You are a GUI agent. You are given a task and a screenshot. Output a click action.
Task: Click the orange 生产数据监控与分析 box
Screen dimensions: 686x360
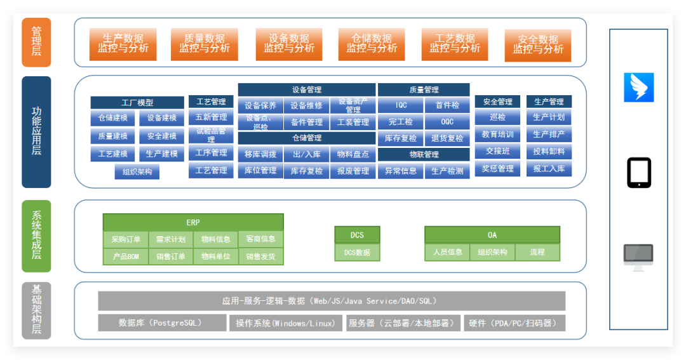(x=123, y=44)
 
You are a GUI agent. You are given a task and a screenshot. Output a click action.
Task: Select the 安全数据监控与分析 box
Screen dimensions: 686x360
(x=538, y=45)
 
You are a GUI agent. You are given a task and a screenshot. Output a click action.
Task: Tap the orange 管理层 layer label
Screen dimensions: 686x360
(x=36, y=43)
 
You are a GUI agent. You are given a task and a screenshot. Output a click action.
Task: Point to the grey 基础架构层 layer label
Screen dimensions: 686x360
(x=36, y=310)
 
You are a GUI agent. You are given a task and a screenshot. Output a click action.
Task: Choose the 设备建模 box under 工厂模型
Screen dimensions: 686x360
(x=162, y=118)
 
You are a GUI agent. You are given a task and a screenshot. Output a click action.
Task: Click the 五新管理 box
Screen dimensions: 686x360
(x=211, y=117)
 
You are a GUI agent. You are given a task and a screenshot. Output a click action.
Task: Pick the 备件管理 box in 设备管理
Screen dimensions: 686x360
(x=307, y=123)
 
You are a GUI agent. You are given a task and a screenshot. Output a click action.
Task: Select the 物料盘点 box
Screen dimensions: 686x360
(x=353, y=154)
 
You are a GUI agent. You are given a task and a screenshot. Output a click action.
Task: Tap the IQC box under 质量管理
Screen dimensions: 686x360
(x=401, y=105)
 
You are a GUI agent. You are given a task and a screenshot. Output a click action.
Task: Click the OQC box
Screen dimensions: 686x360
(x=447, y=122)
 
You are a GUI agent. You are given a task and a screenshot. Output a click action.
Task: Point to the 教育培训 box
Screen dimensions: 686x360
(x=497, y=135)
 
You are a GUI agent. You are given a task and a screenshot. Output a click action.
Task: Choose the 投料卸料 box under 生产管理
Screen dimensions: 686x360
(x=549, y=151)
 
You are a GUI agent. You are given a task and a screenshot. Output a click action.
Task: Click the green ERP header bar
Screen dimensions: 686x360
(x=193, y=222)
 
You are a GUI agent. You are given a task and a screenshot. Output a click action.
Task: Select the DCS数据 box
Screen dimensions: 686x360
(x=357, y=253)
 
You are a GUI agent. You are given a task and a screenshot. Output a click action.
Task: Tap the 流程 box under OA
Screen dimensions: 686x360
(x=537, y=252)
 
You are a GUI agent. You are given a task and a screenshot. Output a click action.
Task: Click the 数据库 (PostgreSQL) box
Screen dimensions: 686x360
(x=162, y=323)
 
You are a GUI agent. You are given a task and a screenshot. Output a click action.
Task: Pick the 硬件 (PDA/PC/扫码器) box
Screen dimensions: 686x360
(x=514, y=323)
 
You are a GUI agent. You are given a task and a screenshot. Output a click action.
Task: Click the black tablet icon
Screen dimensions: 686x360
(x=639, y=173)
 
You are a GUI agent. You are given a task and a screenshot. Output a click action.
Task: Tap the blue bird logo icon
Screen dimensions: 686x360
(x=639, y=88)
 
